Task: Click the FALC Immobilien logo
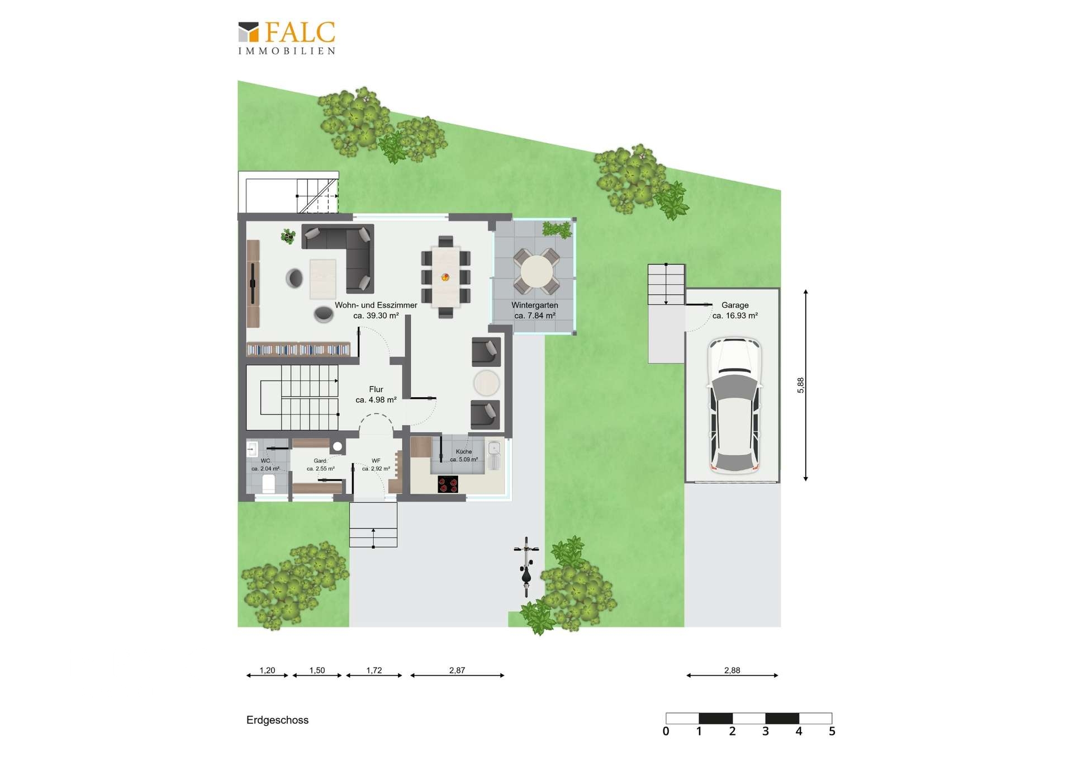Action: tap(287, 38)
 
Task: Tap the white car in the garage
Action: tap(734, 406)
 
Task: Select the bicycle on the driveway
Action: tap(526, 567)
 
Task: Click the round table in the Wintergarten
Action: tap(536, 271)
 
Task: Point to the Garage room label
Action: tap(735, 310)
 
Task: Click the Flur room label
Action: tap(376, 394)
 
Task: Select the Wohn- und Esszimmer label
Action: tap(376, 310)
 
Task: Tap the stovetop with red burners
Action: tap(448, 484)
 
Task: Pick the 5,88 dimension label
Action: tap(800, 385)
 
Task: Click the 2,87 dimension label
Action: tap(457, 670)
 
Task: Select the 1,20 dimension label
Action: tap(267, 670)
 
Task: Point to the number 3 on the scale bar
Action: tap(766, 731)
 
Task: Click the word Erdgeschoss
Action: tap(277, 720)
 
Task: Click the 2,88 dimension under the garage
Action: tap(732, 670)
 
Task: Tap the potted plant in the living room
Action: tap(288, 236)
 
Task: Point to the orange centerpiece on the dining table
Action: tap(445, 276)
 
